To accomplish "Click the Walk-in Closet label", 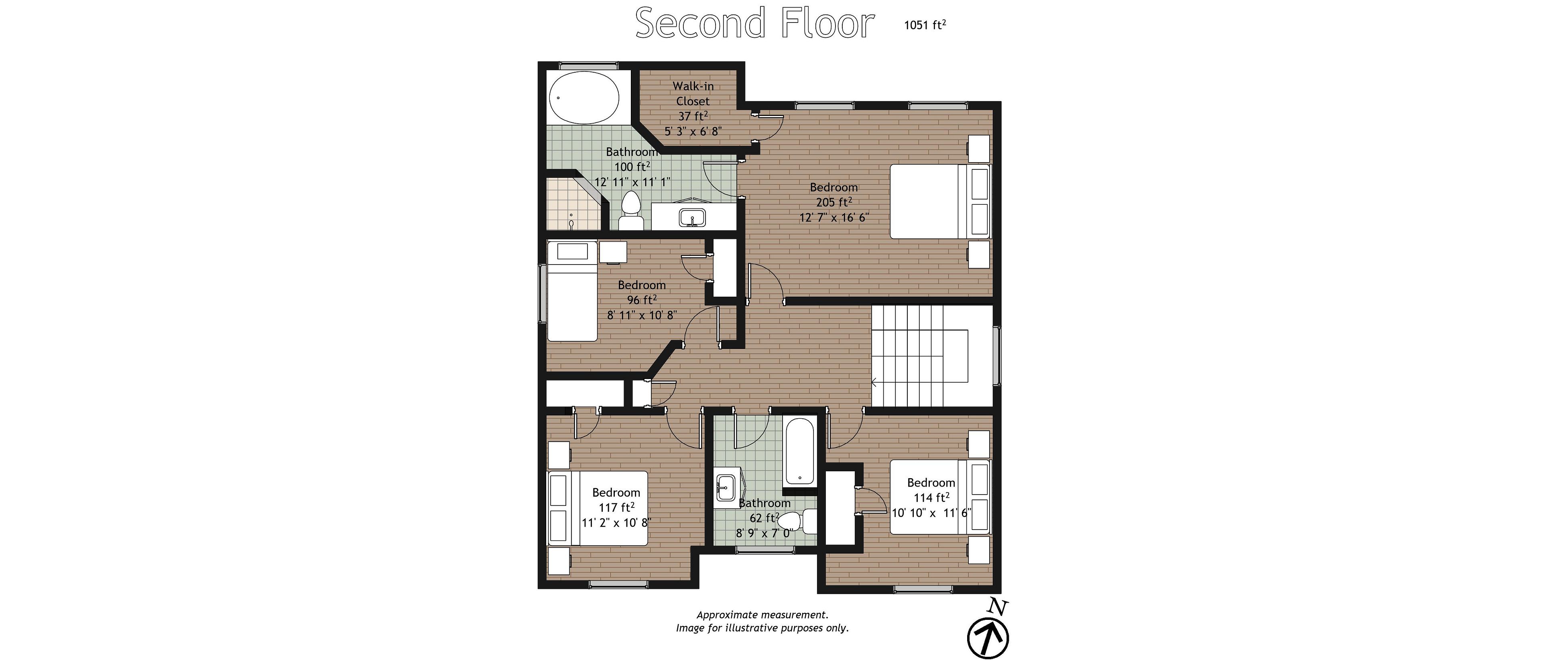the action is [x=693, y=94].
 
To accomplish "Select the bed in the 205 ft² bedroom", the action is [x=940, y=202].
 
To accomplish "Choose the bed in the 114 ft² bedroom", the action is [x=940, y=496].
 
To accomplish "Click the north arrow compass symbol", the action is [x=988, y=637].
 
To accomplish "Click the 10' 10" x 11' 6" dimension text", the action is [x=931, y=513].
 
